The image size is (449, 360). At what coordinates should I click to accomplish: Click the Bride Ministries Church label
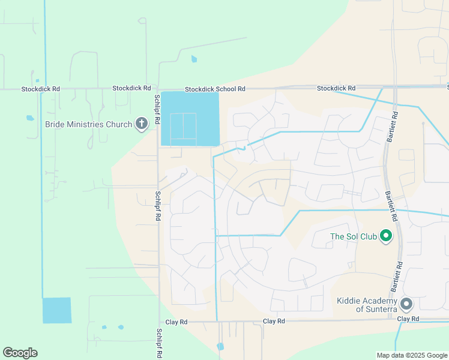(88, 125)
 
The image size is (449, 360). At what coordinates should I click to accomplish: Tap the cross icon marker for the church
(141, 124)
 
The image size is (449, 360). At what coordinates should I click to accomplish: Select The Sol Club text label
(354, 236)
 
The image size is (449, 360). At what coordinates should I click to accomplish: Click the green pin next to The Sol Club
(387, 236)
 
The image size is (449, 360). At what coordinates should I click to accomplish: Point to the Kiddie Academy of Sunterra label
(367, 304)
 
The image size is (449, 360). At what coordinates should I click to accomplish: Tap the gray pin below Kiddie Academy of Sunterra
(406, 304)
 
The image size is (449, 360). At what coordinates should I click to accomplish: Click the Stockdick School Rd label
(215, 89)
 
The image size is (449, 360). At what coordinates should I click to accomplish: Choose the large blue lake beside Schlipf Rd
(190, 119)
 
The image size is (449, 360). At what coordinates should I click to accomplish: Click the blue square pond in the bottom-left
(56, 311)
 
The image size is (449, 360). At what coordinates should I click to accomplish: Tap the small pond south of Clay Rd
(220, 346)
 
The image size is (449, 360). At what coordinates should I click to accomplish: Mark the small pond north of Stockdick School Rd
(193, 59)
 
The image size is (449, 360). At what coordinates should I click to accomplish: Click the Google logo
(20, 353)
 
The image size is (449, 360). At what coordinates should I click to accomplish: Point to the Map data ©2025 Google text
(411, 355)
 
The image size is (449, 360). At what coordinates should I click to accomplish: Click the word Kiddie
(348, 300)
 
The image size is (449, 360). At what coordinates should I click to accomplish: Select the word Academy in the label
(379, 300)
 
